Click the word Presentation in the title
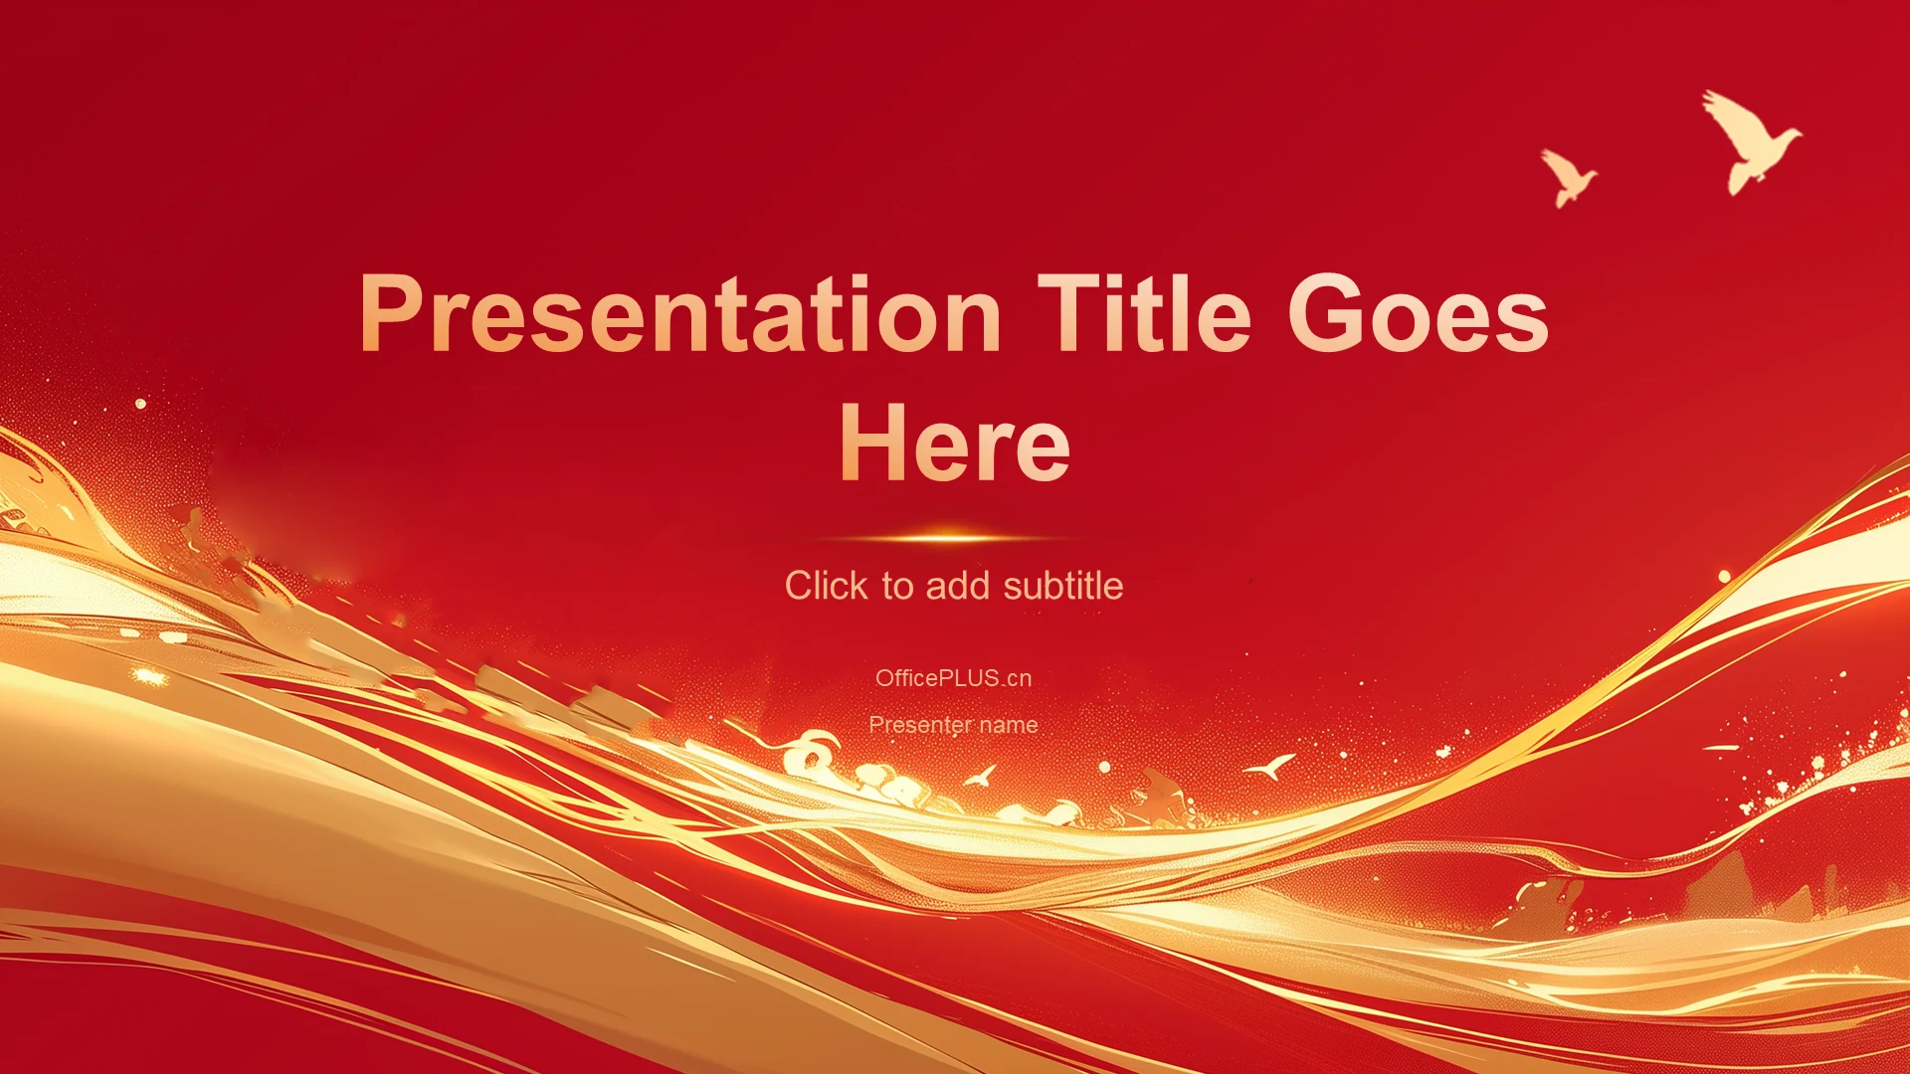(x=680, y=314)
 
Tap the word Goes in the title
(x=1419, y=313)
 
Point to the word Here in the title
(x=955, y=443)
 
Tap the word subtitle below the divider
(x=1063, y=586)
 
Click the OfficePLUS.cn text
(x=954, y=678)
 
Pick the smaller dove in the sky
(x=1569, y=178)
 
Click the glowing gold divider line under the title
(x=954, y=538)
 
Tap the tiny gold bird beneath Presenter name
(x=982, y=776)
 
